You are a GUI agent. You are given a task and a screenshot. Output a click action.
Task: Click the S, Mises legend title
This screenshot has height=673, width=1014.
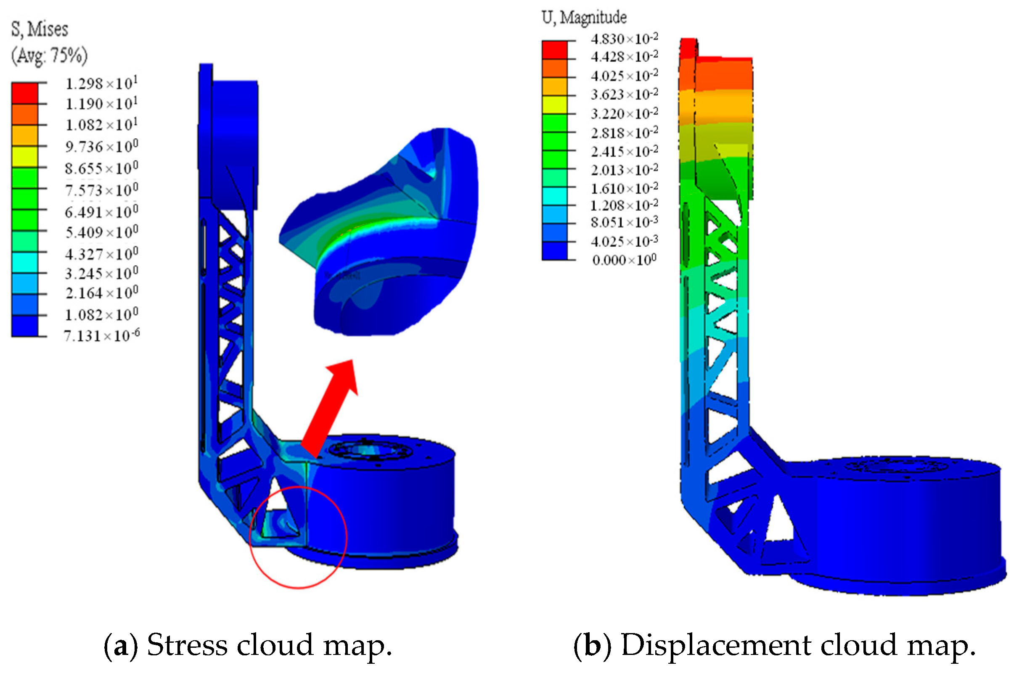(40, 29)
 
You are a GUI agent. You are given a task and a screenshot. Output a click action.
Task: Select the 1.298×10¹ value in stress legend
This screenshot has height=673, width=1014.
(101, 83)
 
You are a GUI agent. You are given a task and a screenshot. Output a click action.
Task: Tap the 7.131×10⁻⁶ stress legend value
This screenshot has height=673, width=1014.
(101, 335)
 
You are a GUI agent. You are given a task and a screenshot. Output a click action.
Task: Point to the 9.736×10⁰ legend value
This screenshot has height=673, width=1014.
(101, 147)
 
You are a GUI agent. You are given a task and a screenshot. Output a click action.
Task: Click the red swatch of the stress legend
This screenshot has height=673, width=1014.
(24, 93)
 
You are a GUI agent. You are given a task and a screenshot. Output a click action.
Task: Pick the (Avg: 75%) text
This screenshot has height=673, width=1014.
(49, 55)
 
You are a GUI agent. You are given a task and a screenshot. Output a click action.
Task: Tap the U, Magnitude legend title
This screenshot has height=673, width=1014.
(584, 18)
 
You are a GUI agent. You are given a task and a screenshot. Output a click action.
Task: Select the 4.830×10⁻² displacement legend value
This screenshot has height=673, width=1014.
(624, 39)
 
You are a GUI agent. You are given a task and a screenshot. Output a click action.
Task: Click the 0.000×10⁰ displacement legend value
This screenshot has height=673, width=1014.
(624, 260)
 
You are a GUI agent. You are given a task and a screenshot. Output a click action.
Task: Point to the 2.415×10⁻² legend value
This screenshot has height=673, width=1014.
(624, 151)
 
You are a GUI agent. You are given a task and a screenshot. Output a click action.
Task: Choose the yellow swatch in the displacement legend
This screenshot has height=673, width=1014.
(554, 105)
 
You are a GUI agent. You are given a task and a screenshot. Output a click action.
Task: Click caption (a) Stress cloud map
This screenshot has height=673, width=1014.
(248, 645)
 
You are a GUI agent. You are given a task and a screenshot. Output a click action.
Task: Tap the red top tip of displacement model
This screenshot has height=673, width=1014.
(688, 48)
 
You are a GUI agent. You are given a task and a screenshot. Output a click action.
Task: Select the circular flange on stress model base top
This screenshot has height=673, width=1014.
(370, 451)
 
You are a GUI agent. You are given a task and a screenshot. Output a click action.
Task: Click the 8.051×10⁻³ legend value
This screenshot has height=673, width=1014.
(624, 223)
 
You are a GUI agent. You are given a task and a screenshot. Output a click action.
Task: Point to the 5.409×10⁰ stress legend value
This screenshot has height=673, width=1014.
(101, 232)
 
